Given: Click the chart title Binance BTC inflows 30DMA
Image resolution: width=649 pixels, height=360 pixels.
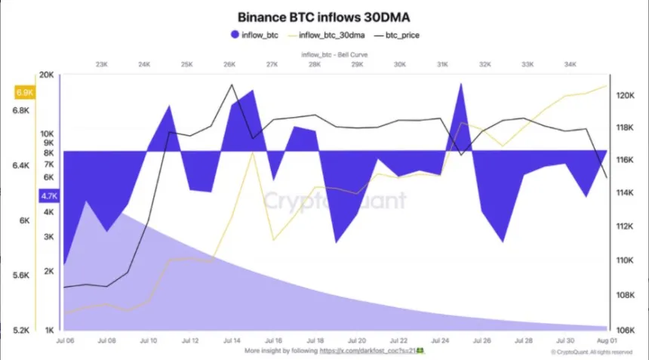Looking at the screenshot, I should tap(324, 16).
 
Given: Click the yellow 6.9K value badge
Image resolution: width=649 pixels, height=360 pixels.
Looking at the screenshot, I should tap(24, 93).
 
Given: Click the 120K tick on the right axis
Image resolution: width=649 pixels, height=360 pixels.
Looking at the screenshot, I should tap(626, 96).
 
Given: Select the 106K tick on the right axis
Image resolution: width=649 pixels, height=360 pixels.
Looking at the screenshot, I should tap(626, 330).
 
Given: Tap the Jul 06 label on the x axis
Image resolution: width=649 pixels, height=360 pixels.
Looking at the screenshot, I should tap(64, 341).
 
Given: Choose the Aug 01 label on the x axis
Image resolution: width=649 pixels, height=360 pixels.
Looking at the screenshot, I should tap(607, 341).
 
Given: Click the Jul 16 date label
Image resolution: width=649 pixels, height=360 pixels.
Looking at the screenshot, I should tap(273, 341).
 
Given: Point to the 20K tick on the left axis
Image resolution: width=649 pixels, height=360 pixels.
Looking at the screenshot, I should tap(47, 75).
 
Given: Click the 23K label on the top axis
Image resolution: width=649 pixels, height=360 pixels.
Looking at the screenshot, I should tap(102, 65).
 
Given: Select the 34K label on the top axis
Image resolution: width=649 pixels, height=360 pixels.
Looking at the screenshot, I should tap(570, 65).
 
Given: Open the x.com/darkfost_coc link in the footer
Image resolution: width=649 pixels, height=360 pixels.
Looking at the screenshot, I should tap(370, 351).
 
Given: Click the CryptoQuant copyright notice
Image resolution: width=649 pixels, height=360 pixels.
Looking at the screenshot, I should tap(591, 352).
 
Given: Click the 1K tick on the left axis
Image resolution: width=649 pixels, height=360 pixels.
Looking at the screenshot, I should tap(49, 331).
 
